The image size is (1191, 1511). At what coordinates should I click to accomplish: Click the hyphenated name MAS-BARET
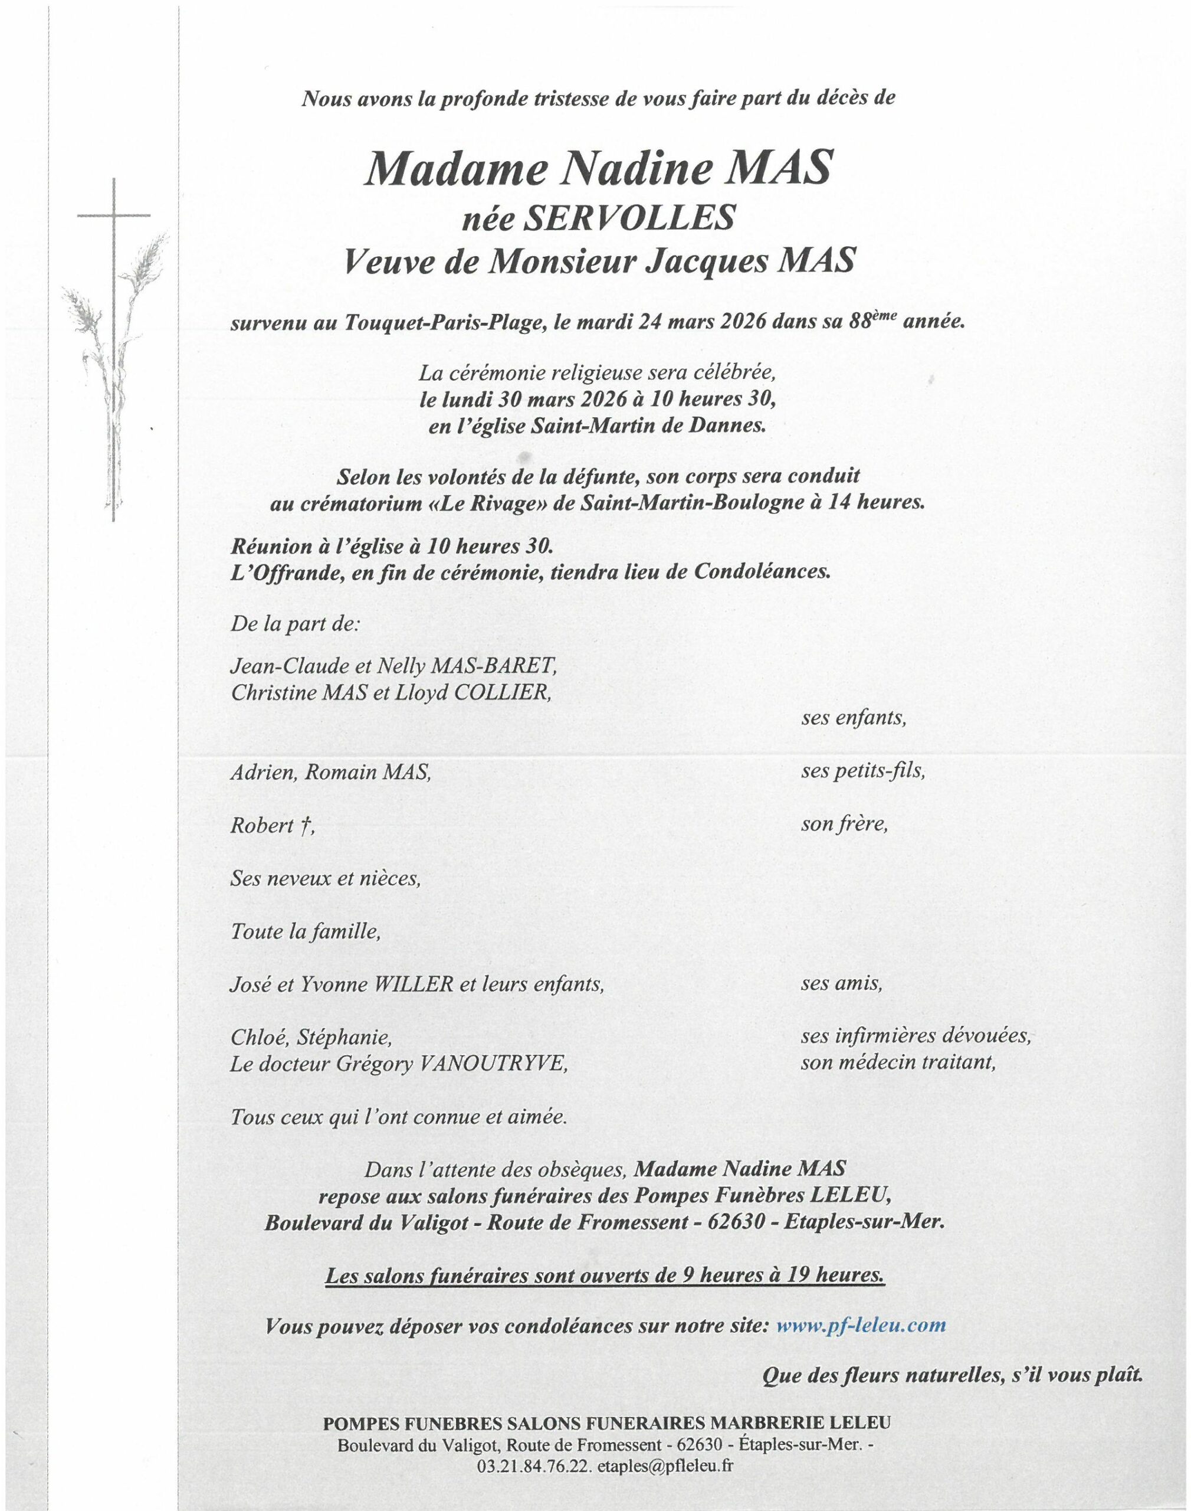[494, 666]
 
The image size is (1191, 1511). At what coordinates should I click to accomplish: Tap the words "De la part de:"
[295, 623]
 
